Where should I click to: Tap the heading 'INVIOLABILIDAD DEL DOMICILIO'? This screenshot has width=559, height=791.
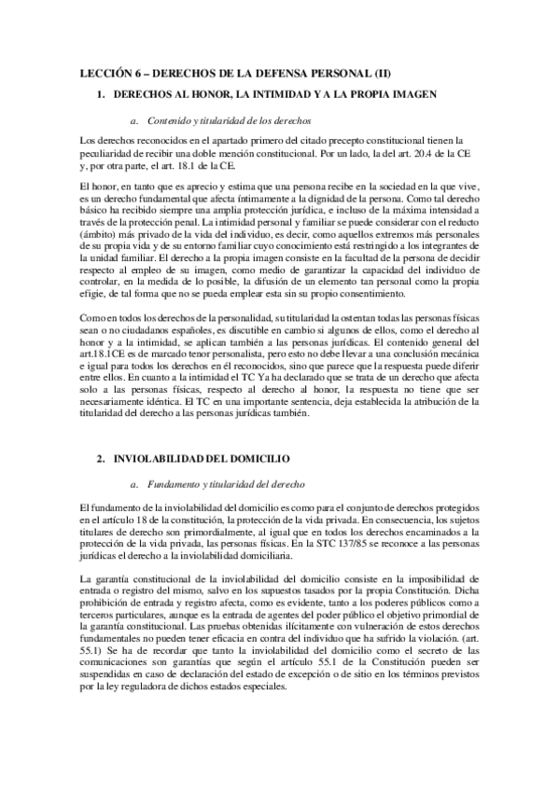tap(203, 459)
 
